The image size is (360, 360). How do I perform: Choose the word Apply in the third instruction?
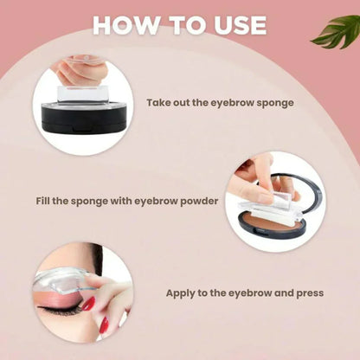click(x=190, y=293)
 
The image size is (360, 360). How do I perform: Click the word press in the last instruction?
click(x=307, y=293)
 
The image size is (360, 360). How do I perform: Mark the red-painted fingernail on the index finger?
click(x=87, y=304)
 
